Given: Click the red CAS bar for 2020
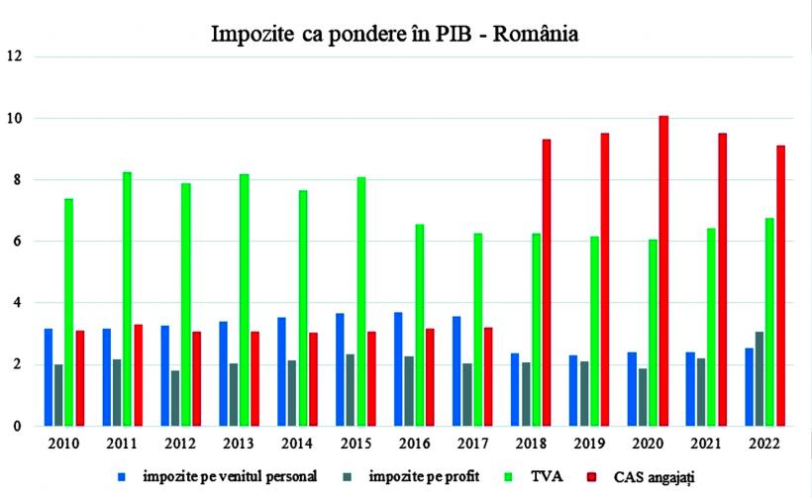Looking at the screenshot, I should pyautogui.click(x=663, y=271).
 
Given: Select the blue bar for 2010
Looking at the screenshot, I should pyautogui.click(x=49, y=377).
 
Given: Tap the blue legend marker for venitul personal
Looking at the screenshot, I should pyautogui.click(x=121, y=476).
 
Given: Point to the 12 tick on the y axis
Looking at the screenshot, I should pyautogui.click(x=15, y=56).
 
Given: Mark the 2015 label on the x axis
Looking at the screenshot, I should pyautogui.click(x=360, y=444).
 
